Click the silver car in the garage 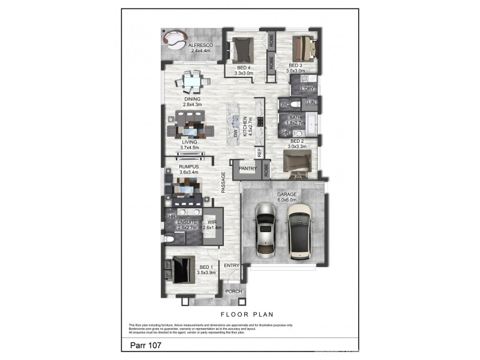tap(265, 230)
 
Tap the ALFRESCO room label tap(198, 45)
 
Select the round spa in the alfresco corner tap(173, 40)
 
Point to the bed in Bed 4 tap(243, 47)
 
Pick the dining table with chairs tap(193, 81)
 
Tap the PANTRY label tap(247, 169)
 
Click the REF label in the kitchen tap(260, 152)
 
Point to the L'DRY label tap(308, 89)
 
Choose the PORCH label tap(233, 292)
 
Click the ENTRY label tap(232, 265)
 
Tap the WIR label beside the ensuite tap(212, 223)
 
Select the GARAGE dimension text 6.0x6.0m tap(283, 200)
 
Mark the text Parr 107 tap(145, 346)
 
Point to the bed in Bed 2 tap(297, 163)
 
